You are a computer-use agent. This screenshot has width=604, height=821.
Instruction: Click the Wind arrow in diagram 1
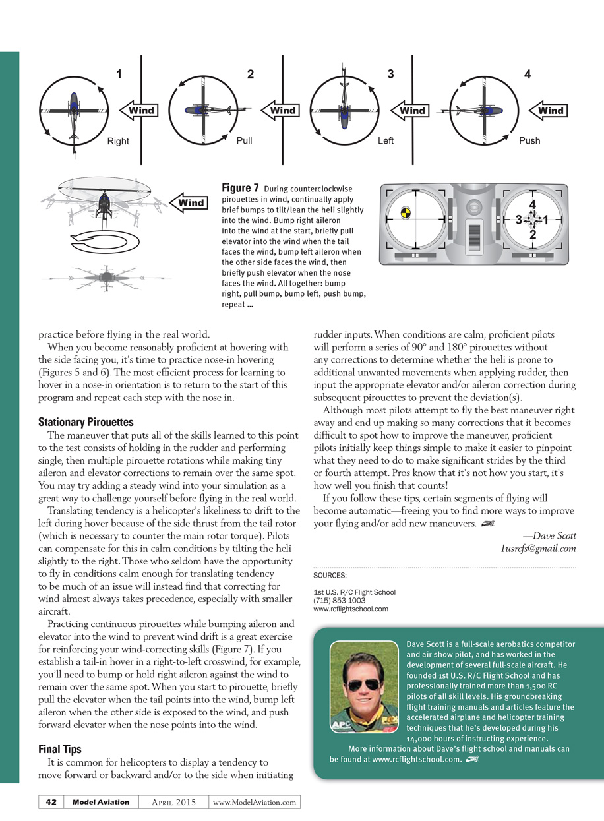(137, 110)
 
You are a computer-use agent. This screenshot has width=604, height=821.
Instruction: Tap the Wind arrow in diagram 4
(547, 110)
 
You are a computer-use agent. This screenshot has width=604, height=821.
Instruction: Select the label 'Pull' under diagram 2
(244, 140)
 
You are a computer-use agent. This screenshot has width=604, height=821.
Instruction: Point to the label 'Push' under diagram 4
(529, 140)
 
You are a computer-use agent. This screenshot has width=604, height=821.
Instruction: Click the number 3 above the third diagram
(390, 75)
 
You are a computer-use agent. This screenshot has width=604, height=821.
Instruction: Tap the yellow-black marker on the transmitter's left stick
(406, 214)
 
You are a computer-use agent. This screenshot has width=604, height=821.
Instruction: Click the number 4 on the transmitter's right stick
(532, 204)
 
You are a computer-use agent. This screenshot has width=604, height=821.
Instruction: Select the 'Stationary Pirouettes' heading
(86, 422)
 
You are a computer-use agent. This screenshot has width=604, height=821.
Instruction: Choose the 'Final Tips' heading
(63, 748)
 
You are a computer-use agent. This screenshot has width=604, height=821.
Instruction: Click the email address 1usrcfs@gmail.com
(537, 548)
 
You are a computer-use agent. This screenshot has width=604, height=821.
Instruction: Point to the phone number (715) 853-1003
(340, 601)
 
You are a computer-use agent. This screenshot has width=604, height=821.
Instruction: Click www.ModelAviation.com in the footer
(255, 802)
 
